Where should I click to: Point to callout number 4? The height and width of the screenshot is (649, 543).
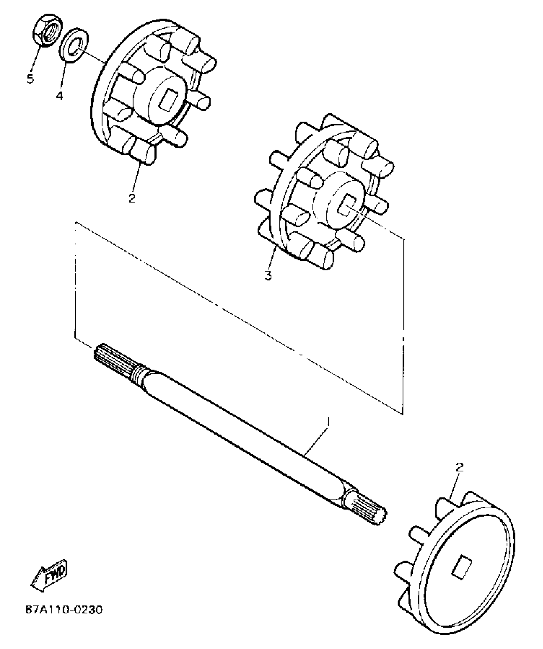coord(59,95)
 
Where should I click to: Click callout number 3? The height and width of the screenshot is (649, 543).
coord(268,275)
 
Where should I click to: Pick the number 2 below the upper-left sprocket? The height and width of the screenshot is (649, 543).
coord(132,198)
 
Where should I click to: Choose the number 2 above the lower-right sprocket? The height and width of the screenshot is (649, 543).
coord(459,467)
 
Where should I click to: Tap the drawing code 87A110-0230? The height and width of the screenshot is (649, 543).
coord(64,610)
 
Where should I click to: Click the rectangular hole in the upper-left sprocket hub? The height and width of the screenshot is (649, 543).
coord(166,101)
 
